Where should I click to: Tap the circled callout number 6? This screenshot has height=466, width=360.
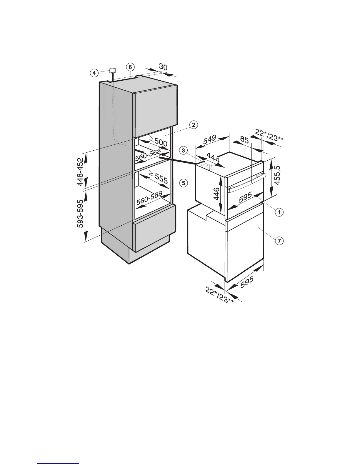[130, 67]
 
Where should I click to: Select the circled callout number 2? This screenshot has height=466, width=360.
[193, 125]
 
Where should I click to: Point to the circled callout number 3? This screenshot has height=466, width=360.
[183, 151]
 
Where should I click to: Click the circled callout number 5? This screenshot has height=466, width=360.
[183, 183]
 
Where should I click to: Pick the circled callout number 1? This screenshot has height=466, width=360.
[279, 211]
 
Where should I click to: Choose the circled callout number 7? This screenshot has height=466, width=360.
[279, 241]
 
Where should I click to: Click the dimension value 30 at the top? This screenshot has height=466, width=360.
[163, 67]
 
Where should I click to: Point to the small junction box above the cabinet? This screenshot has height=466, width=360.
[112, 71]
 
